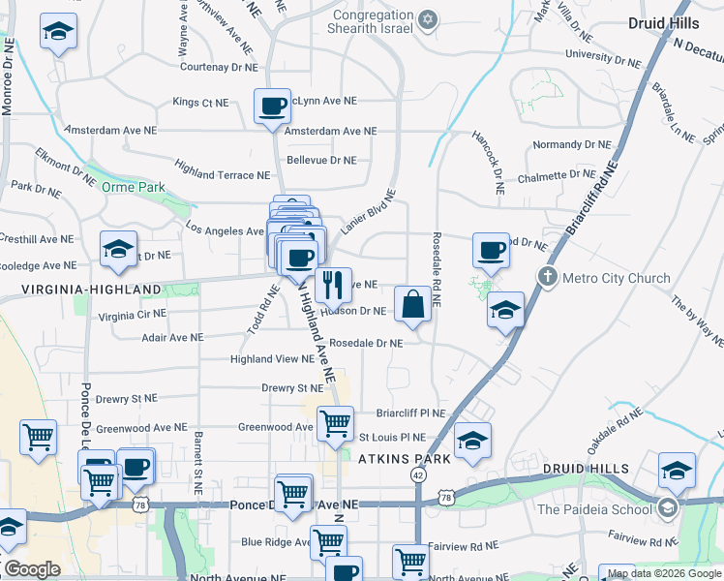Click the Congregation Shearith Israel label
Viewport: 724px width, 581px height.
click(373, 21)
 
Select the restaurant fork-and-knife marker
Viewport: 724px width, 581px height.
click(333, 284)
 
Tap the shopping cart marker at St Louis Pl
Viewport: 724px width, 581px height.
click(335, 422)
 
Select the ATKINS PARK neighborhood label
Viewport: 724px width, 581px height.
click(405, 459)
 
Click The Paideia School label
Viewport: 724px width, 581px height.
click(594, 509)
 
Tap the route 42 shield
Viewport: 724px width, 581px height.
click(417, 475)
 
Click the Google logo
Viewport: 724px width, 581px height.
click(32, 568)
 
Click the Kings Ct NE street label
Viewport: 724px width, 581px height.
click(200, 102)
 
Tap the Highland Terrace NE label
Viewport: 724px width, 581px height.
click(222, 175)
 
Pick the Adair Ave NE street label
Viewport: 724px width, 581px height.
click(172, 338)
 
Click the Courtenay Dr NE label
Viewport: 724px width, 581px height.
click(219, 67)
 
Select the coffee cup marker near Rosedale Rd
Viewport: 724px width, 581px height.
click(491, 250)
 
